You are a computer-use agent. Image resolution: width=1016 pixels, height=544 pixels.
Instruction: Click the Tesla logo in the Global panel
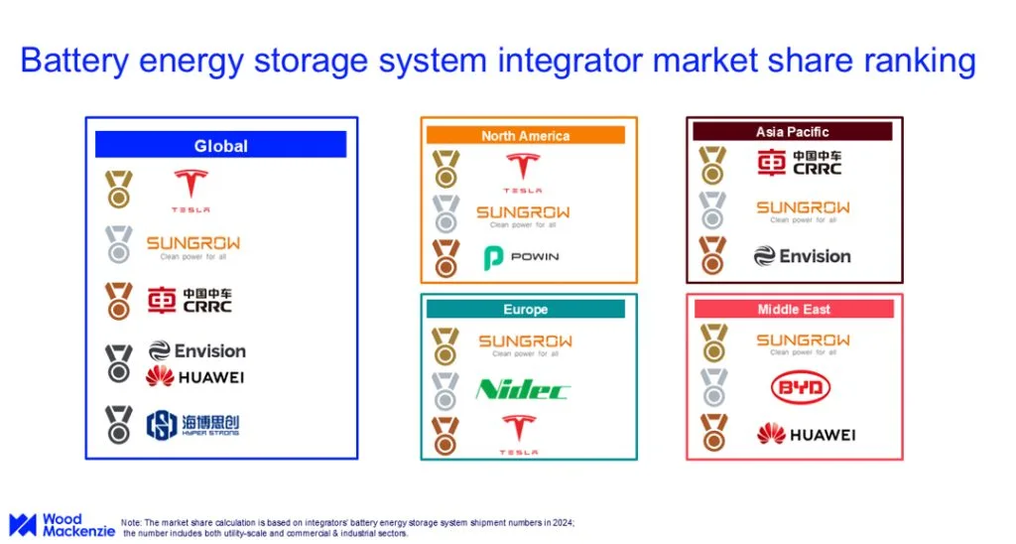tap(190, 191)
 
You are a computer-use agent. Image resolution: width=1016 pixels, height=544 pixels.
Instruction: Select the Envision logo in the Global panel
tap(196, 350)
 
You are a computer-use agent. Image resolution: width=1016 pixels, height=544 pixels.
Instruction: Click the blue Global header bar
tap(220, 145)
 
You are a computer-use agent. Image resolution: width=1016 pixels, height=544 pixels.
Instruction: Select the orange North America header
tap(525, 135)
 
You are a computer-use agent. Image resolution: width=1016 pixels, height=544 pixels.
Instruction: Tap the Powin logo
tap(521, 257)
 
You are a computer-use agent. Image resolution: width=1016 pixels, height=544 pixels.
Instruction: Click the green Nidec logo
tap(522, 388)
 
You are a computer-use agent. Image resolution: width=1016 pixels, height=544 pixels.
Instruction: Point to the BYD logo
tap(800, 388)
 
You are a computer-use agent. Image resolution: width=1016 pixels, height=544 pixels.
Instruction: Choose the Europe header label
tap(525, 309)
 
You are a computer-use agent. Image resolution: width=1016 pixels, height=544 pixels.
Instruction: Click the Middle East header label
tap(793, 309)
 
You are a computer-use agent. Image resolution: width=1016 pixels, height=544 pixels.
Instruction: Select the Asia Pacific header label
tap(792, 131)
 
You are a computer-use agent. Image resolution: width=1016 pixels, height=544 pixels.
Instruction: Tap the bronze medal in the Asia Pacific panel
tap(712, 255)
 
